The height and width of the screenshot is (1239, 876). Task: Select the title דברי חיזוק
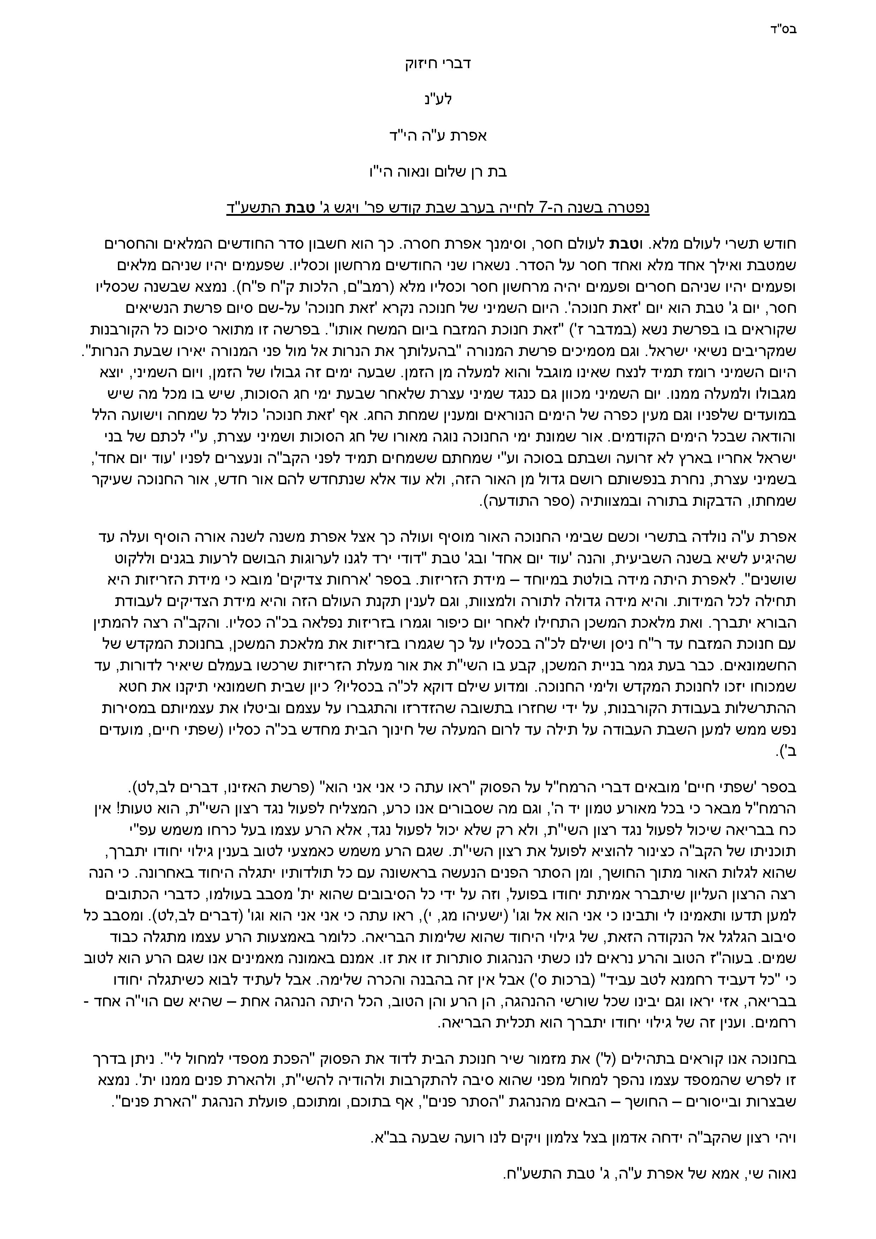438,64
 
